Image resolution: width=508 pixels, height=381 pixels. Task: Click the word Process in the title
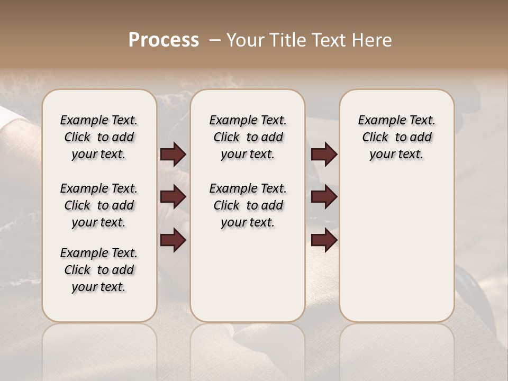click(x=164, y=40)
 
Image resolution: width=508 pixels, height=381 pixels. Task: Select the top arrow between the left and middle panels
click(x=173, y=154)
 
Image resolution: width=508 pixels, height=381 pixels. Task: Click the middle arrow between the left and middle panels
click(x=173, y=197)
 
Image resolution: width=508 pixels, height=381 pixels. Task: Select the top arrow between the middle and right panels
click(x=324, y=154)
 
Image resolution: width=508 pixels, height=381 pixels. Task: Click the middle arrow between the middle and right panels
click(x=324, y=197)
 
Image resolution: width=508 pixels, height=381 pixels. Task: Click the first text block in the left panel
click(x=99, y=137)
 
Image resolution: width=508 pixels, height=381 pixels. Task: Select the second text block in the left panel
click(x=99, y=205)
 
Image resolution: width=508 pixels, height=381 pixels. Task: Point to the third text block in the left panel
click(x=99, y=270)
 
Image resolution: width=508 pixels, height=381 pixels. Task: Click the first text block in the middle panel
click(x=248, y=137)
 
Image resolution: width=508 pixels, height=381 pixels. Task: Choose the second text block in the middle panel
click(x=248, y=205)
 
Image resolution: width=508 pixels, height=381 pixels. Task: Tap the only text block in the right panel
click(x=397, y=137)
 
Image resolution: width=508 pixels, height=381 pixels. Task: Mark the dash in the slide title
click(x=214, y=40)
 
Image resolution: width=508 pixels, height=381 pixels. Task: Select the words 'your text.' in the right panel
click(x=397, y=155)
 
